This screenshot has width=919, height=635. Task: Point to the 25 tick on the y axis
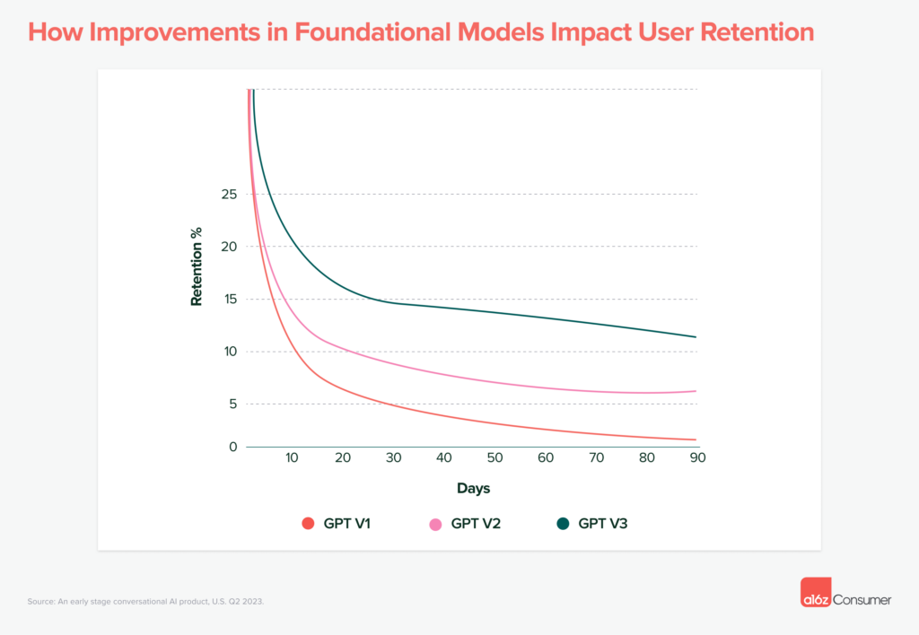[228, 195]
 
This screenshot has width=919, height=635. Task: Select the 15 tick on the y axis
[228, 300]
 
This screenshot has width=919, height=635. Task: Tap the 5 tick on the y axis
[232, 404]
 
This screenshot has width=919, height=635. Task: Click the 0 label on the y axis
[232, 447]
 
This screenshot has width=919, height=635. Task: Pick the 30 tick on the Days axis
[393, 458]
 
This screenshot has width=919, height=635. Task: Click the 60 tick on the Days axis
[546, 458]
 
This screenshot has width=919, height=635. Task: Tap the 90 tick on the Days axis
[697, 458]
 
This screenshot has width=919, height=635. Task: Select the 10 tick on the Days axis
[292, 458]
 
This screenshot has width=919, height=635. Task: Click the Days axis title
[473, 489]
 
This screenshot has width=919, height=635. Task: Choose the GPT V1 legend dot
[308, 524]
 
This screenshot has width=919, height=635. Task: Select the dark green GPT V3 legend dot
[563, 524]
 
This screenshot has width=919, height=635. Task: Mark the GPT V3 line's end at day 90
[696, 337]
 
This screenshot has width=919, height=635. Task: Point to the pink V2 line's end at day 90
[696, 391]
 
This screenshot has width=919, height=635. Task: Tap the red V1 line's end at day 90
[696, 439]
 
